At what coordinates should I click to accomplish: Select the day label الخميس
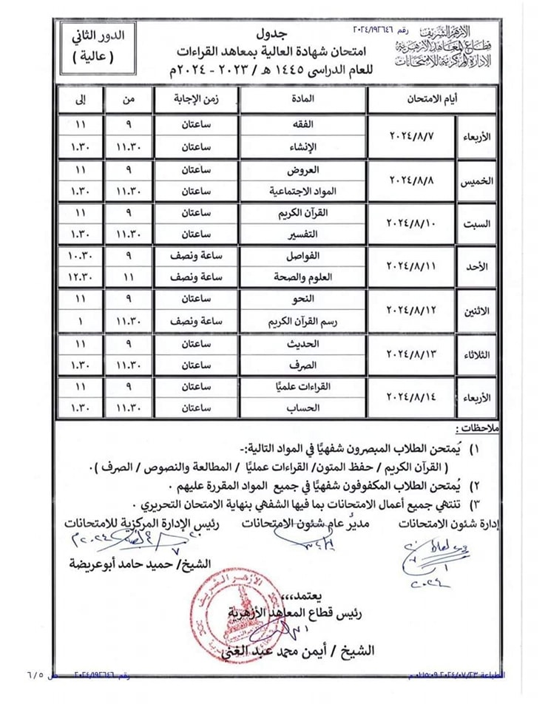(x=477, y=180)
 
